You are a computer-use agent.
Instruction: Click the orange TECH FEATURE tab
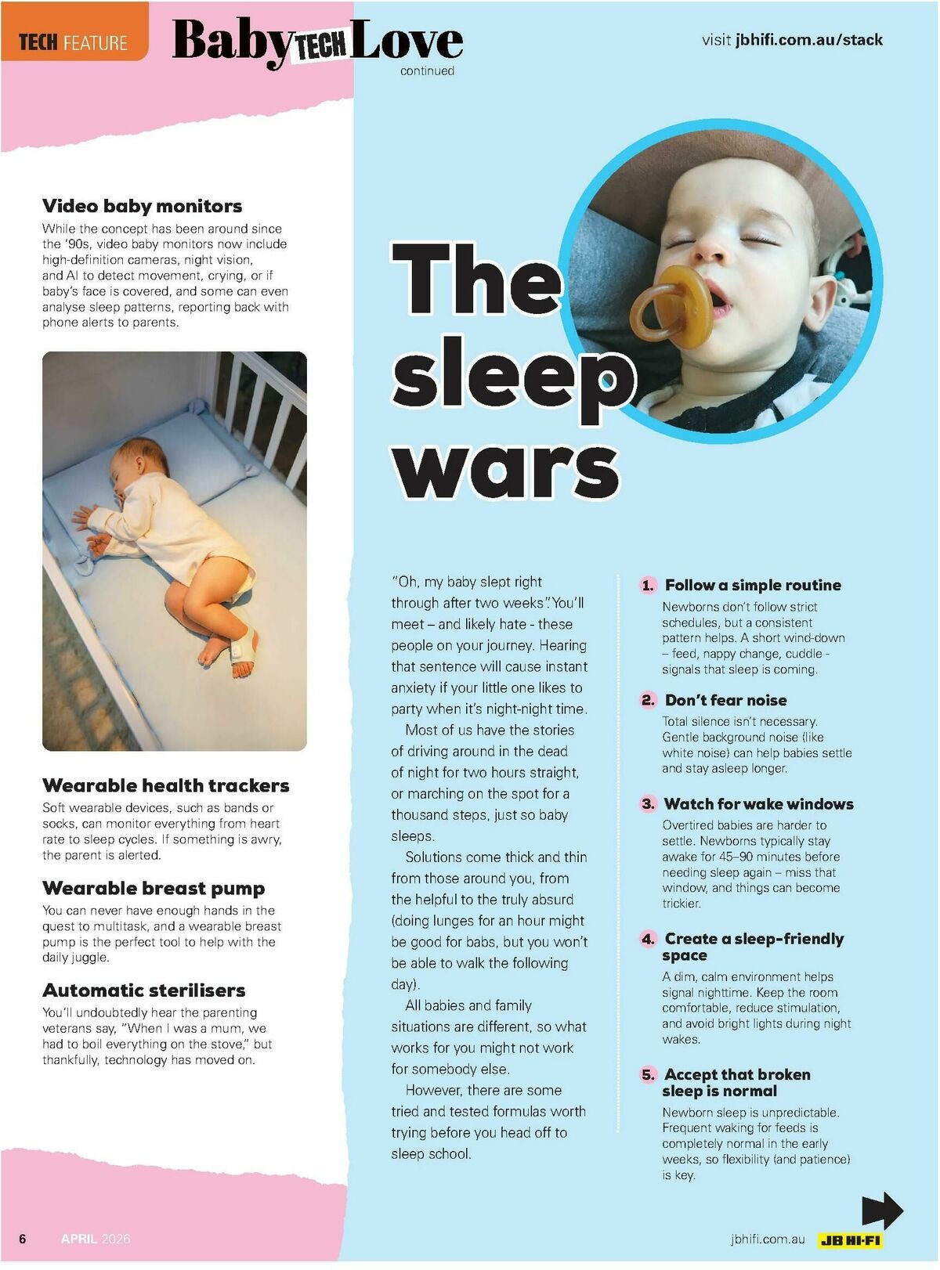coord(73,41)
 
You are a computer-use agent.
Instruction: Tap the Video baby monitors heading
coord(142,206)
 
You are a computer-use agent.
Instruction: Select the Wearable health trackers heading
coord(165,785)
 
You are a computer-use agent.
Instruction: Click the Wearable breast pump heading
coord(154,888)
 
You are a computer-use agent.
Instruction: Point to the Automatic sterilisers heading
coord(143,990)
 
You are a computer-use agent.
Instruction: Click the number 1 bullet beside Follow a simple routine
coord(648,586)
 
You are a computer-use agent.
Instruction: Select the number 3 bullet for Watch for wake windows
coord(648,804)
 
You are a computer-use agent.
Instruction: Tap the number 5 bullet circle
coord(648,1075)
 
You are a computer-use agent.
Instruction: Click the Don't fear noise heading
coord(725,700)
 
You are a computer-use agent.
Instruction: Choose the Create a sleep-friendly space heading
coord(753,947)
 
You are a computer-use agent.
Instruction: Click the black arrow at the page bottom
coord(882,1211)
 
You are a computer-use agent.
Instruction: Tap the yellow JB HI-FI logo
coord(850,1240)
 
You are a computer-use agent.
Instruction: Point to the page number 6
coord(23,1239)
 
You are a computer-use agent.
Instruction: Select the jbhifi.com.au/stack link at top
coord(808,40)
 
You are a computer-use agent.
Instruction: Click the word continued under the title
coord(427,71)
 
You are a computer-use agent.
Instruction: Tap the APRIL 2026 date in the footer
coord(96,1239)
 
